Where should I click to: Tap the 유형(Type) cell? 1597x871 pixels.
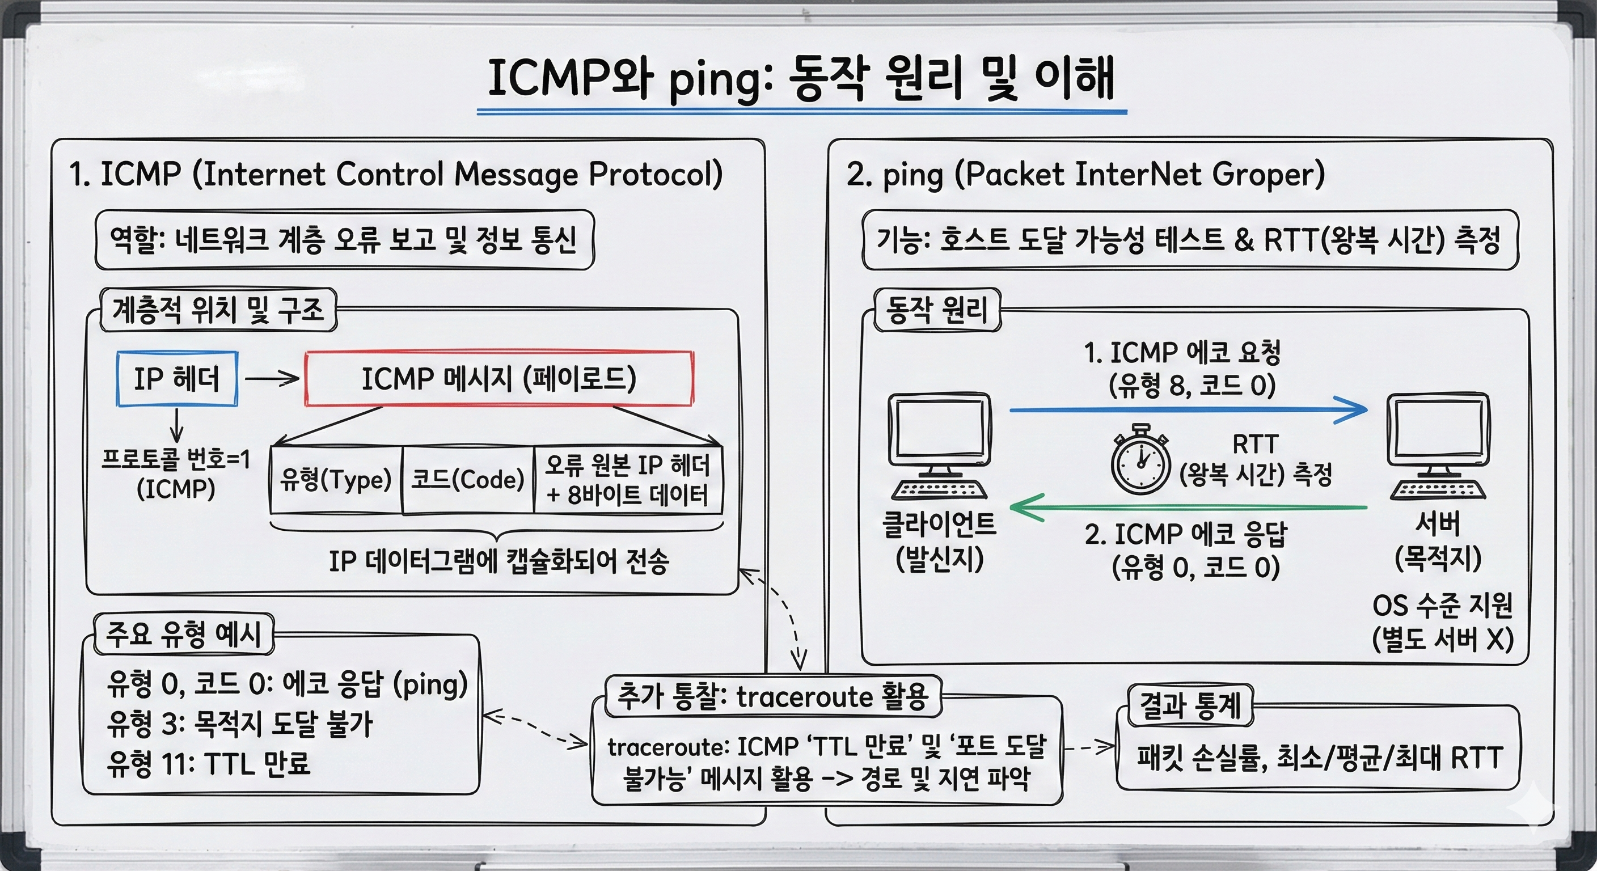pyautogui.click(x=336, y=480)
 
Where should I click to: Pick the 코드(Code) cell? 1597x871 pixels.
pyautogui.click(x=468, y=480)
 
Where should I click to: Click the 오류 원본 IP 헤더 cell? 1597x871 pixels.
pyautogui.click(x=628, y=480)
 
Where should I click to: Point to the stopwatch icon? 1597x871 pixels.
pyautogui.click(x=1140, y=459)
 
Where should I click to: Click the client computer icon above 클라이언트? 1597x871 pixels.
pyautogui.click(x=939, y=445)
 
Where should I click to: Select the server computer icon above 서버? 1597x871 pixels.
pyautogui.click(x=1438, y=445)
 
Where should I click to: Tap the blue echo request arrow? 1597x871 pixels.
pyautogui.click(x=1189, y=410)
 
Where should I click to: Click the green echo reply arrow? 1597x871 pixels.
pyautogui.click(x=1189, y=508)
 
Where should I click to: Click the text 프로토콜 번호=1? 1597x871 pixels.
pyautogui.click(x=176, y=459)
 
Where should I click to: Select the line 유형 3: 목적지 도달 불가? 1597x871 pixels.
pyautogui.click(x=240, y=724)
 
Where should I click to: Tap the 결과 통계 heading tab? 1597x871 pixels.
pyautogui.click(x=1190, y=705)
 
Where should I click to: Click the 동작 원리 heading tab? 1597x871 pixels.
pyautogui.click(x=937, y=310)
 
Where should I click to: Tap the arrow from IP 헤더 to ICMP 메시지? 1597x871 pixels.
pyautogui.click(x=272, y=378)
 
